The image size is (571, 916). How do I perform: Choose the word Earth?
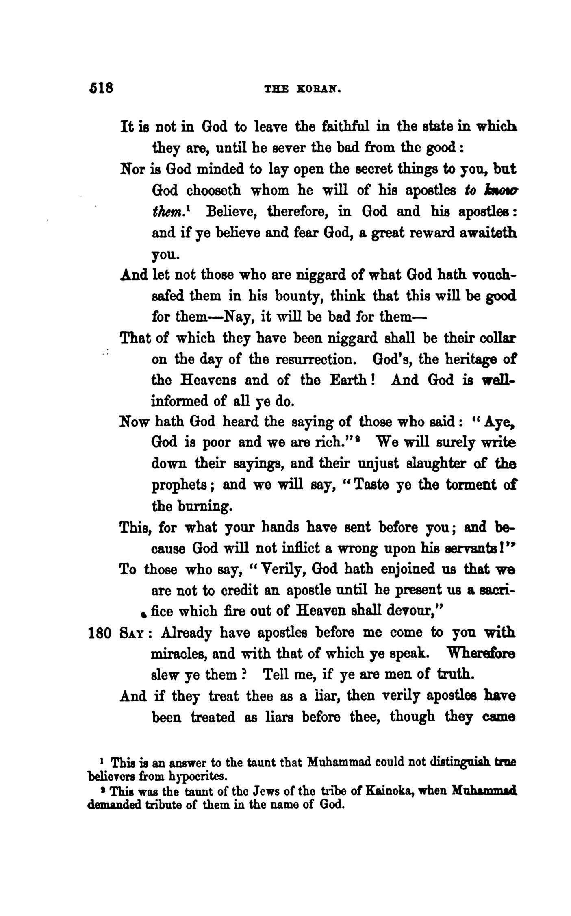(350, 381)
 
